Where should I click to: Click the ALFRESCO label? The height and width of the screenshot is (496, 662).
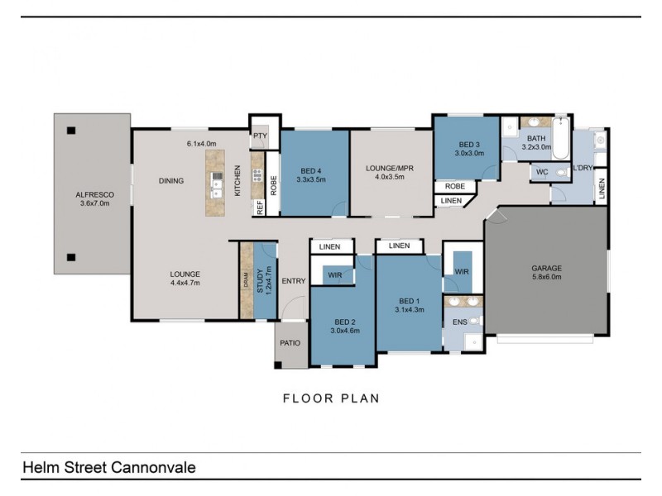tap(94, 195)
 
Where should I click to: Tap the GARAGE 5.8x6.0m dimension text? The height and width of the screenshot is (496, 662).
tap(546, 277)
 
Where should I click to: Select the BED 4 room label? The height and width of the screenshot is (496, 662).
tap(311, 171)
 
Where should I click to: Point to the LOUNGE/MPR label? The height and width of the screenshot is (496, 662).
tap(390, 169)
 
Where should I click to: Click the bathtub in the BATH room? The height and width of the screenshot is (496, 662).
tap(561, 138)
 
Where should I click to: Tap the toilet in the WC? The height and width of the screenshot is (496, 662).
tap(561, 173)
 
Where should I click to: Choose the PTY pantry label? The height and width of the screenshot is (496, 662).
tap(261, 136)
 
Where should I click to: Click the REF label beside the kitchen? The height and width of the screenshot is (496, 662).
tap(260, 207)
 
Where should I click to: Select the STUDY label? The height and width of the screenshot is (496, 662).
tap(260, 280)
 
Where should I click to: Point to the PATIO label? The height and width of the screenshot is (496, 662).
tap(290, 343)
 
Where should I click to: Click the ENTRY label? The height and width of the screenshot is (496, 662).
tap(294, 281)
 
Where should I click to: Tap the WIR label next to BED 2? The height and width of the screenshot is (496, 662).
tap(335, 275)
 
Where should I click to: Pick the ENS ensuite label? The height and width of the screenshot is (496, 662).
tap(460, 322)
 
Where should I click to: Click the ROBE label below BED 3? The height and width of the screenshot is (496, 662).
tap(454, 186)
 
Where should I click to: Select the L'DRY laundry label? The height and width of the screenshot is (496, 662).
tap(583, 168)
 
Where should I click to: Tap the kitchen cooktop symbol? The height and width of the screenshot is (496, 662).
tap(257, 175)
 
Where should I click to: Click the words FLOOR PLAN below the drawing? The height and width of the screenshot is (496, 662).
tap(332, 398)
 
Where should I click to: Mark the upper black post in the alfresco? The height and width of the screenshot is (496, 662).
tap(71, 131)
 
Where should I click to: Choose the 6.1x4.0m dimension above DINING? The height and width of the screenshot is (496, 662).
tap(201, 144)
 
